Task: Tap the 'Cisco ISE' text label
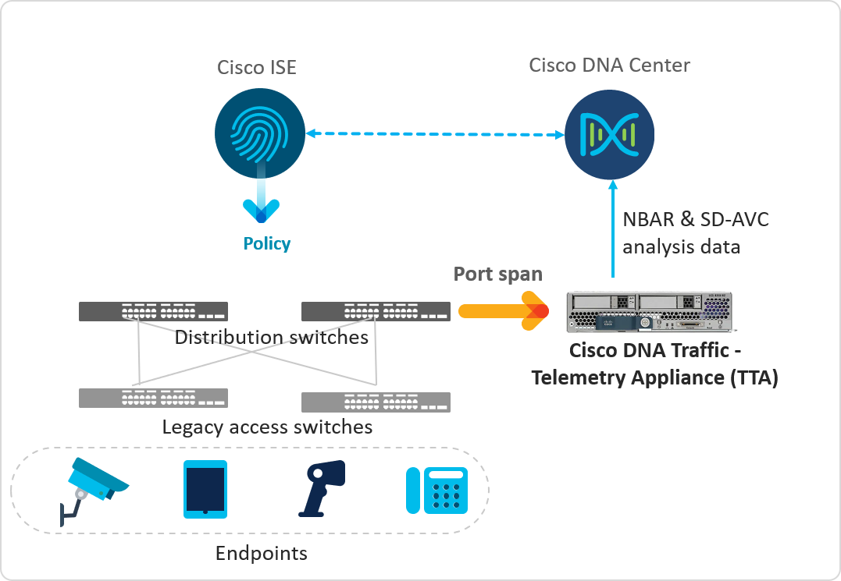click(257, 67)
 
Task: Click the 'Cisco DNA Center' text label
click(609, 65)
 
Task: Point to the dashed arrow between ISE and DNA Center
click(435, 134)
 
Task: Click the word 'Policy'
click(267, 244)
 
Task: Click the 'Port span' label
click(498, 275)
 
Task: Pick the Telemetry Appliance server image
click(650, 314)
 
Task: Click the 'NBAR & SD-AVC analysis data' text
click(695, 233)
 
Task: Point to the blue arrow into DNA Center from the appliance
click(613, 230)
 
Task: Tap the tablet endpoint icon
click(205, 489)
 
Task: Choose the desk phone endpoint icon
click(436, 490)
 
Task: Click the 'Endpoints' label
click(261, 554)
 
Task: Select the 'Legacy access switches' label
click(267, 427)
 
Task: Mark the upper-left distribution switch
click(153, 311)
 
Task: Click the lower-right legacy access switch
click(376, 402)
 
